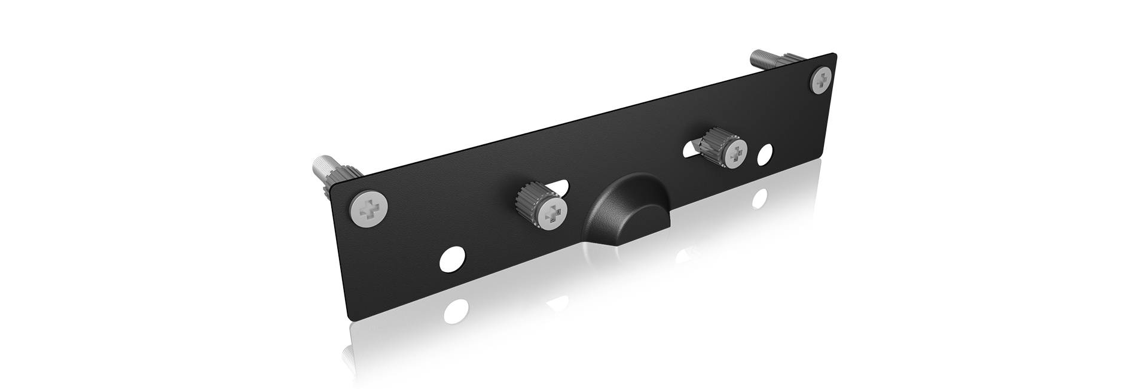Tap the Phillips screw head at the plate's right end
point(823,80)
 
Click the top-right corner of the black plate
point(835,54)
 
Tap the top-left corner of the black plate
point(333,187)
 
